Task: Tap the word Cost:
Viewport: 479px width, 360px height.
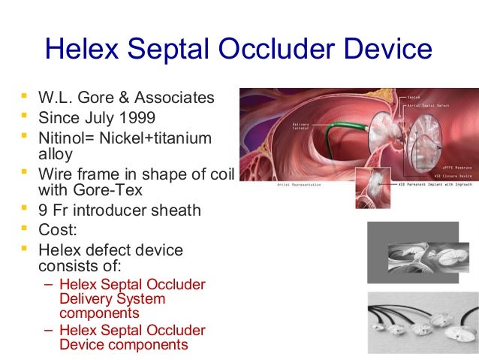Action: pyautogui.click(x=57, y=230)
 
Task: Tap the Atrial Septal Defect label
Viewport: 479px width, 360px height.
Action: pyautogui.click(x=427, y=104)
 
